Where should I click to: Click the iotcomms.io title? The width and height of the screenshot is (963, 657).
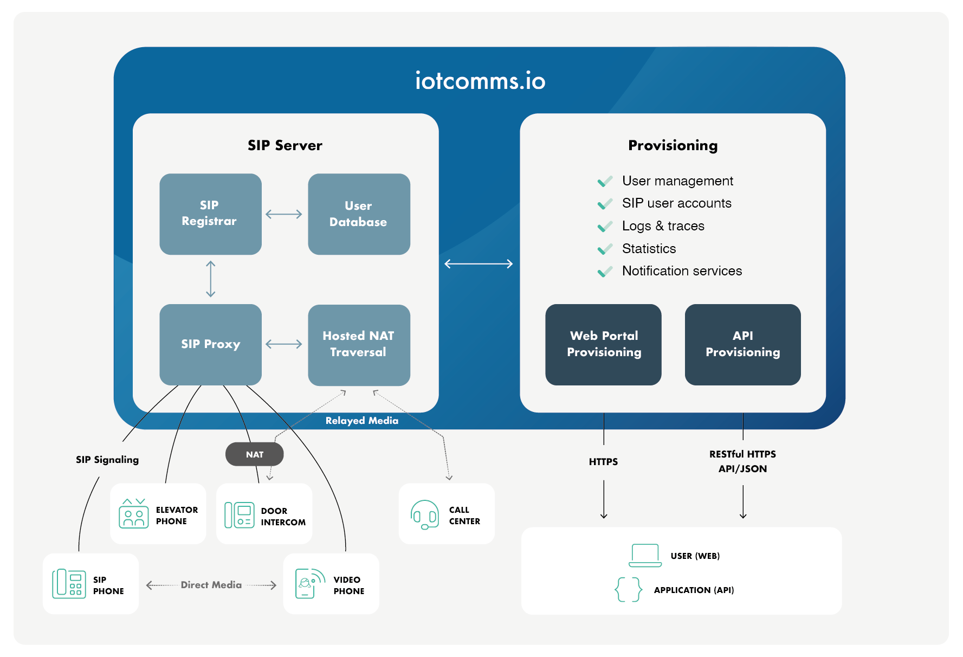(x=480, y=81)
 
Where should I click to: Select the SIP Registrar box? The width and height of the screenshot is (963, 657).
(x=210, y=214)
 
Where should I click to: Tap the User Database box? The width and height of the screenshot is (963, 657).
(x=359, y=214)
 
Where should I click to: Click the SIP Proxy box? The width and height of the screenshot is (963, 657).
(x=210, y=344)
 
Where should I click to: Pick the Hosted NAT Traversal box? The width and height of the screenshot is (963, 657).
(x=359, y=344)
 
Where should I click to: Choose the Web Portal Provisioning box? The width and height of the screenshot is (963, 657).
(x=603, y=344)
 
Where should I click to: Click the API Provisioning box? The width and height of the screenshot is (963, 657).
(x=742, y=344)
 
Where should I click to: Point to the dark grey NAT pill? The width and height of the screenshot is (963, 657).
(x=254, y=454)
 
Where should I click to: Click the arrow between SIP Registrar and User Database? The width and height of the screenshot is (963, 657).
(x=284, y=214)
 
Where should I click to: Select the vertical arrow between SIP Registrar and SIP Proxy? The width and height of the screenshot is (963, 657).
(x=211, y=279)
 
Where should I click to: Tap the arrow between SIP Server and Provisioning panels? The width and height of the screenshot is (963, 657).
(x=479, y=264)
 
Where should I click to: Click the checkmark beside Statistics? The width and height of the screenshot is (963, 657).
(x=605, y=249)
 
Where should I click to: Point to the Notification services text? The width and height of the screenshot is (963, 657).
(x=682, y=271)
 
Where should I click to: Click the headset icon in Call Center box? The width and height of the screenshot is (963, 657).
(x=424, y=514)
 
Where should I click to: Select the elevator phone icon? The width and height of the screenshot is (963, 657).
(x=133, y=514)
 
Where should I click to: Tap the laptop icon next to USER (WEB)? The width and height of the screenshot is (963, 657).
(x=645, y=556)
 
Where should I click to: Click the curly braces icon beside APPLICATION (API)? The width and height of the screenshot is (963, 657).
(x=629, y=589)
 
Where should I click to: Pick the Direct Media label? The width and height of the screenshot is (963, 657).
(x=211, y=585)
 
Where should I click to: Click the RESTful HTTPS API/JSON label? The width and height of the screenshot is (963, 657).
(x=742, y=461)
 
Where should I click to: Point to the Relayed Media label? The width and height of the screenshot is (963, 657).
(x=361, y=421)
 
